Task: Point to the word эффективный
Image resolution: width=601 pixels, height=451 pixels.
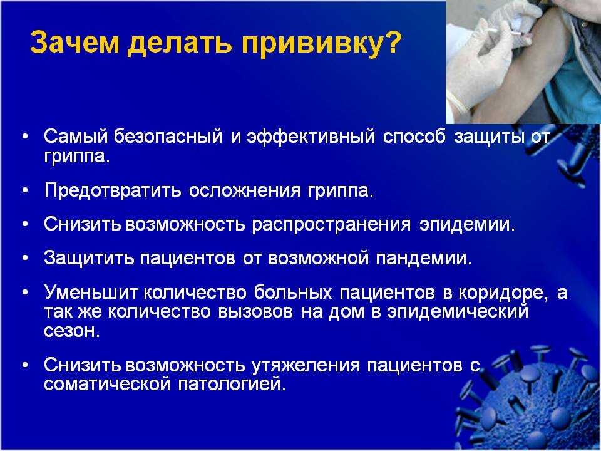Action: click(311, 137)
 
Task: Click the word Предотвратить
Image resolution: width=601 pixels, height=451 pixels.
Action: click(112, 190)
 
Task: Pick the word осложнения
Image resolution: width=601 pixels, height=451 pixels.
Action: click(245, 190)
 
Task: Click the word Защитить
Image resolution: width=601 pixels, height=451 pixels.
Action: click(89, 258)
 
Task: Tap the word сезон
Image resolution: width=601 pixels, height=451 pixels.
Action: click(72, 331)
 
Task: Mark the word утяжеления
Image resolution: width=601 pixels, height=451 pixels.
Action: click(306, 365)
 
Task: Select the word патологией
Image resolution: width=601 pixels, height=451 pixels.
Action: click(232, 384)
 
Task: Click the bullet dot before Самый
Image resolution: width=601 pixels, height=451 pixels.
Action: click(25, 137)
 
